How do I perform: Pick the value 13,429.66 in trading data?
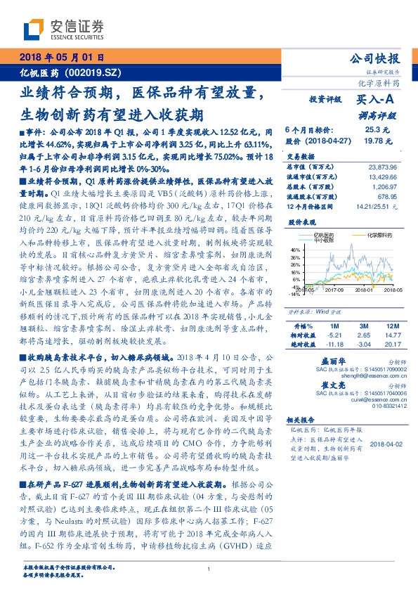(382, 178)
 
